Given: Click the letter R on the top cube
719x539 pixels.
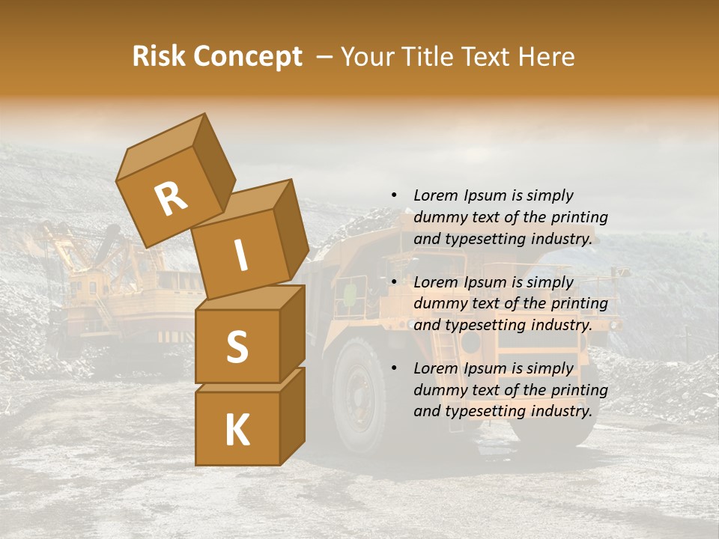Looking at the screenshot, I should [171, 199].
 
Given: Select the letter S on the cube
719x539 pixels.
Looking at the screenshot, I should [237, 347].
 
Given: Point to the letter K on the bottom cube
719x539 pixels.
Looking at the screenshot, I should [237, 430].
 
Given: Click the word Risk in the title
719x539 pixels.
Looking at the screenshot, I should [158, 57].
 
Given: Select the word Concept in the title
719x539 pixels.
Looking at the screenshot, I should [249, 57].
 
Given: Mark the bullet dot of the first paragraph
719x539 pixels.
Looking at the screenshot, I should [394, 195].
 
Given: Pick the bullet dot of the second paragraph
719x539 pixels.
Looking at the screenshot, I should [394, 282].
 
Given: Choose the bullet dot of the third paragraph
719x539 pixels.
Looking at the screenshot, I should [394, 368].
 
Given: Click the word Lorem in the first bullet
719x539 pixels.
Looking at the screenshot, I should [435, 195].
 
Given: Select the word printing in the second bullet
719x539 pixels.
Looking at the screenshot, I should [579, 303].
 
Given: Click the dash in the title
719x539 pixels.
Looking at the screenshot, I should [325, 57].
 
